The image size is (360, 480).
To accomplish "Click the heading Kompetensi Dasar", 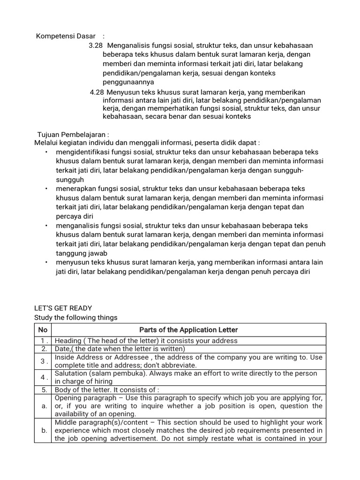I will [66, 36].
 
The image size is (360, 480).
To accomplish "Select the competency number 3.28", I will [95, 45].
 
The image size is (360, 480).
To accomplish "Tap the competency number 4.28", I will [97, 92].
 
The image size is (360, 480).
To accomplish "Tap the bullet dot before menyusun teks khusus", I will [46, 262].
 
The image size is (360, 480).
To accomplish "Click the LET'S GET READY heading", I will [63, 308].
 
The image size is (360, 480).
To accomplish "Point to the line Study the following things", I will [75, 317].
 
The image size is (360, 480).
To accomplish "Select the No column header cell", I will [43, 330].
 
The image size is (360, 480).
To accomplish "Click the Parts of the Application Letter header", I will [188, 330].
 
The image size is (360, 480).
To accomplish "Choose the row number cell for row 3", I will [43, 361].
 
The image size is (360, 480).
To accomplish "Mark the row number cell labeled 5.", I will [43, 389].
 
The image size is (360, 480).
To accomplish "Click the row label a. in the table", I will [44, 406].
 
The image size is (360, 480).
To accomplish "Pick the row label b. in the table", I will [44, 431].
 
